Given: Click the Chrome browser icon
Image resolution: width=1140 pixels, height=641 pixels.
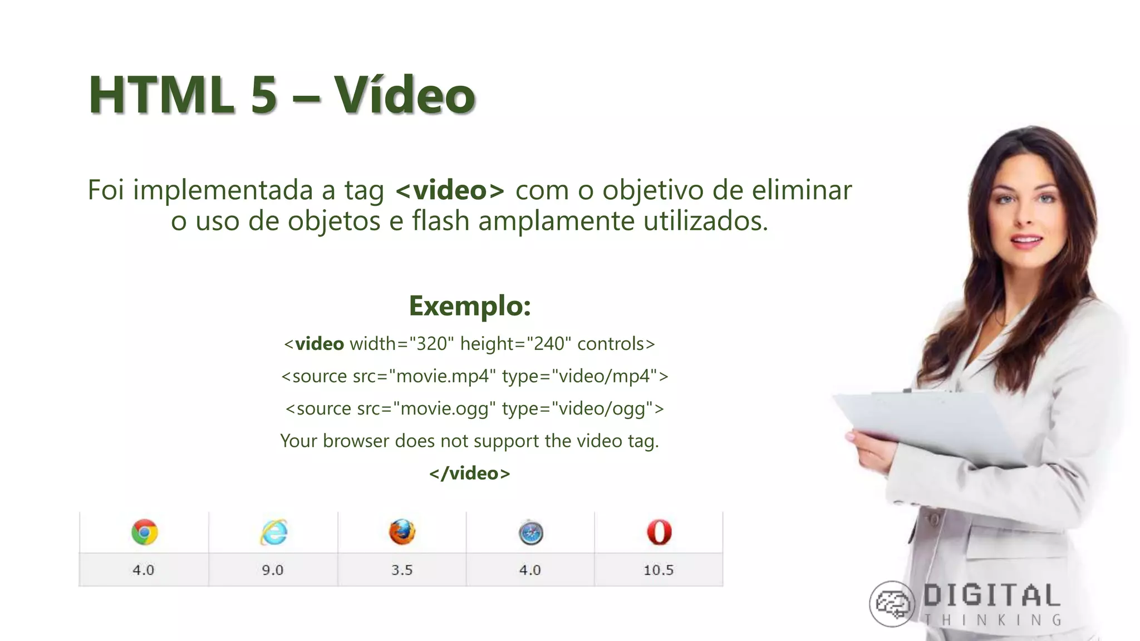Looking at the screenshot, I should click(145, 532).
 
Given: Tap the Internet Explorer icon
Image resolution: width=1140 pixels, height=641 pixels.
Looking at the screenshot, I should click(274, 532).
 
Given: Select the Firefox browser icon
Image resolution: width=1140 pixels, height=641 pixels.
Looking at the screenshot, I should click(402, 532).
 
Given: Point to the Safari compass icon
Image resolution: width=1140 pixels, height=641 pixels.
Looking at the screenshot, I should click(530, 533).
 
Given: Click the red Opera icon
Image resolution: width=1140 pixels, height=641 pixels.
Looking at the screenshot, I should click(659, 532).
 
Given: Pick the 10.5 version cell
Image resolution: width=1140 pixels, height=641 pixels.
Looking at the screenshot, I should click(659, 570).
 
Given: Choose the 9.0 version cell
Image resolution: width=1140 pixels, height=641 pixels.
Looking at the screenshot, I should click(273, 570).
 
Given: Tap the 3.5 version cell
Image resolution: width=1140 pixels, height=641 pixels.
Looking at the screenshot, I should click(402, 570).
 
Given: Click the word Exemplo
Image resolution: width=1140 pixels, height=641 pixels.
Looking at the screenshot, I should click(469, 305).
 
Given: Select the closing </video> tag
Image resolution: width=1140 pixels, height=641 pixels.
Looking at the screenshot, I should click(469, 473).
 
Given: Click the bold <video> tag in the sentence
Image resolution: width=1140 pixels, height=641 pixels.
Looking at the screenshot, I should click(450, 190).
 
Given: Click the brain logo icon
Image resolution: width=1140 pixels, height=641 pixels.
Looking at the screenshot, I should click(892, 604).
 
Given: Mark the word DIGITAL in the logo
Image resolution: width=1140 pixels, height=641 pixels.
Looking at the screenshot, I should click(992, 596).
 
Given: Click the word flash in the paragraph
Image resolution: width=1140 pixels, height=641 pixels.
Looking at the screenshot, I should click(440, 221).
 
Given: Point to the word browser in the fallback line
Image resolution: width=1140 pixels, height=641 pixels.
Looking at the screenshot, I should click(356, 441).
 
